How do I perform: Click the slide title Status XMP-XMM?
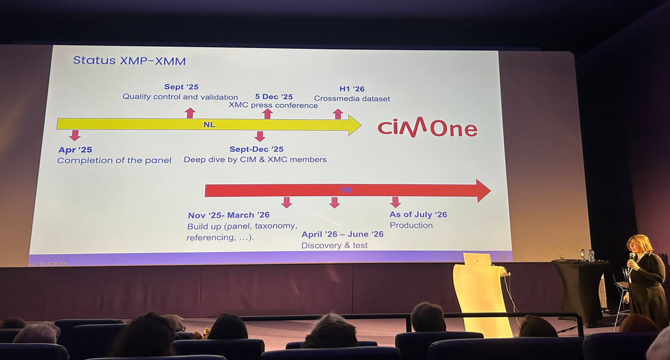pyautogui.click(x=129, y=61)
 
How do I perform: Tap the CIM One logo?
pyautogui.click(x=427, y=127)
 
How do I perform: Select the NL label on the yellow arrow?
pyautogui.click(x=209, y=124)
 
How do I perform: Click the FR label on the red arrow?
pyautogui.click(x=346, y=190)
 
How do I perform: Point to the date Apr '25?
pyautogui.click(x=76, y=150)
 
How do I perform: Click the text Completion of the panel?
pyautogui.click(x=114, y=161)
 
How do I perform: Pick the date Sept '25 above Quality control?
pyautogui.click(x=181, y=87)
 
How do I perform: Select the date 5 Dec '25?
pyautogui.click(x=274, y=97)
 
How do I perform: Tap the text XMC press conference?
pyautogui.click(x=273, y=106)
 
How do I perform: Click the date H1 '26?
pyautogui.click(x=352, y=89)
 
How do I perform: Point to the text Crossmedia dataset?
pyautogui.click(x=352, y=99)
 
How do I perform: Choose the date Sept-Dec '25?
pyautogui.click(x=256, y=150)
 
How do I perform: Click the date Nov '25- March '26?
pyautogui.click(x=229, y=215)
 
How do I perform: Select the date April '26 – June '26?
pyautogui.click(x=342, y=234)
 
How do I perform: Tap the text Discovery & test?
pyautogui.click(x=334, y=246)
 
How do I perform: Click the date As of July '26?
pyautogui.click(x=418, y=214)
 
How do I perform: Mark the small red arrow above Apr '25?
pyautogui.click(x=75, y=135)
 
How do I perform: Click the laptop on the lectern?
pyautogui.click(x=477, y=259)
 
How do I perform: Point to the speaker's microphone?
pyautogui.click(x=631, y=257)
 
